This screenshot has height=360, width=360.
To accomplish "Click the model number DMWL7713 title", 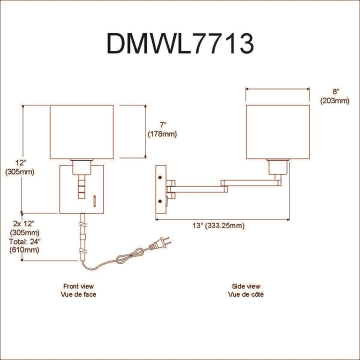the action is [x=180, y=43].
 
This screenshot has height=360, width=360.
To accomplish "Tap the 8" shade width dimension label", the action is [x=336, y=91].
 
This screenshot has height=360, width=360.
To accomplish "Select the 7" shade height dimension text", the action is [x=163, y=125].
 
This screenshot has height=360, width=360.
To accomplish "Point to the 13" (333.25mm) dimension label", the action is [x=218, y=225].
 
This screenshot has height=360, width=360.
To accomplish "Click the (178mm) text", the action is [x=162, y=134].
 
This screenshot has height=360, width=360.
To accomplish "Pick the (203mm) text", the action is [x=335, y=100].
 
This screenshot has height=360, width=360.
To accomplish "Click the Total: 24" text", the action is [x=24, y=241].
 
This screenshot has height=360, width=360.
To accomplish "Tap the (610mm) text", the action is [x=24, y=250].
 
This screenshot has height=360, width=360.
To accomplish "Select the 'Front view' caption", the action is [x=78, y=286].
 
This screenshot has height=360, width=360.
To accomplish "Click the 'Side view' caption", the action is [x=246, y=286].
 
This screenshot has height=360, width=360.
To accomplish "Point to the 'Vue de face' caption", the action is [x=78, y=294].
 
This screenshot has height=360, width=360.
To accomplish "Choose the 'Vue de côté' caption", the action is [x=246, y=294].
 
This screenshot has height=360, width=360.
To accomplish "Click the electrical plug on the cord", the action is [x=159, y=244].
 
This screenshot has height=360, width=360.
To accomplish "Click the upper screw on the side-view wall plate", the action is [x=160, y=177].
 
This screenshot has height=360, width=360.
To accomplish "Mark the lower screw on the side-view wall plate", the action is [x=160, y=201].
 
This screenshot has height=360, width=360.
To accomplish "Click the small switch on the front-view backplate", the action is [x=94, y=201].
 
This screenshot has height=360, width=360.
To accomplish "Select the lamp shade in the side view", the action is [x=278, y=132].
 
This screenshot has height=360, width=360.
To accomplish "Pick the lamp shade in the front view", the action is [x=81, y=132].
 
